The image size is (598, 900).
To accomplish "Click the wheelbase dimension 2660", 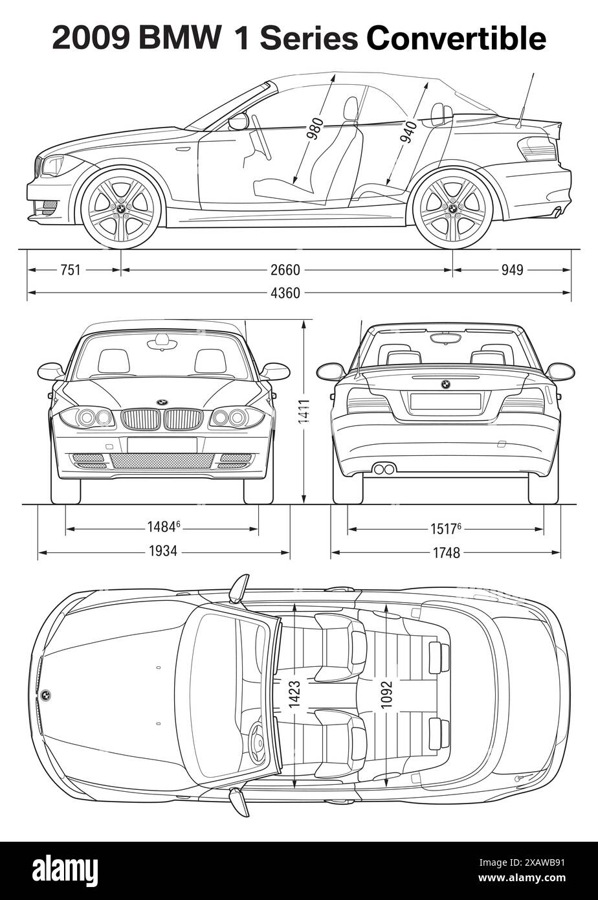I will (285, 270).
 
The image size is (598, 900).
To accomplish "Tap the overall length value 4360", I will (285, 293).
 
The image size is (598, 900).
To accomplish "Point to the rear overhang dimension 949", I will (512, 270).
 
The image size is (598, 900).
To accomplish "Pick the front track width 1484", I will (162, 528).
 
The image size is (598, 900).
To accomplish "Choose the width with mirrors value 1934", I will (162, 552).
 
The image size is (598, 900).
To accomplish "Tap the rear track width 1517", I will (445, 528).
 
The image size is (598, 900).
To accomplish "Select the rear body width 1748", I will (446, 552).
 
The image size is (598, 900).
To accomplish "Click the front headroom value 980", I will (315, 128).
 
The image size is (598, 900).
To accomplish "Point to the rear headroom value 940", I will (408, 131).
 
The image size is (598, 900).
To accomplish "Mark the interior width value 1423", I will (294, 694).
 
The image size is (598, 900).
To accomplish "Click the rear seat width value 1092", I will (386, 694).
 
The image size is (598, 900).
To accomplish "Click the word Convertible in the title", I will (456, 39).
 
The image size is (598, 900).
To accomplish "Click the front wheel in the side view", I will (121, 208).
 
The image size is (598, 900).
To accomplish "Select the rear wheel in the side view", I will (452, 208).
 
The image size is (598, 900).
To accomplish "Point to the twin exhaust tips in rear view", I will (384, 469).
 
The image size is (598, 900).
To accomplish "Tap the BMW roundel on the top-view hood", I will (46, 695).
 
